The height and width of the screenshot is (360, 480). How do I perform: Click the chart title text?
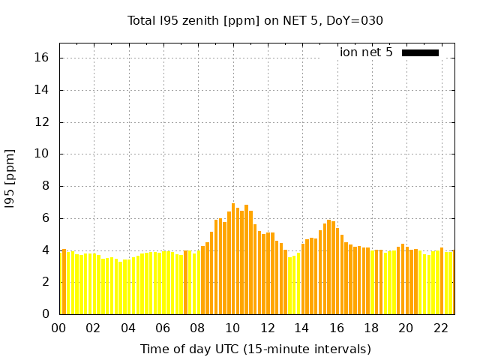(x=255, y=20)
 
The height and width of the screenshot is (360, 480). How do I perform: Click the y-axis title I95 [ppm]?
(x=10, y=178)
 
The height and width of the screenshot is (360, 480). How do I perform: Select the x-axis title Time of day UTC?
(x=255, y=349)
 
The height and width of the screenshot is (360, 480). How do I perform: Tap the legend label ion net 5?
(x=366, y=52)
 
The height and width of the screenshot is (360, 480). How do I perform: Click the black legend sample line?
(x=420, y=52)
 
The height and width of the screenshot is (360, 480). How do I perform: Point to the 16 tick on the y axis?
(x=43, y=58)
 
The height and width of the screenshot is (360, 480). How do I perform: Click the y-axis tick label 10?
(x=43, y=154)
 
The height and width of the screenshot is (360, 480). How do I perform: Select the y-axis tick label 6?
(x=46, y=218)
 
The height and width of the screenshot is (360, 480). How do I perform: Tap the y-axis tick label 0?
(x=46, y=314)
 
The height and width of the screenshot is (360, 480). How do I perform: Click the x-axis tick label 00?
(x=58, y=328)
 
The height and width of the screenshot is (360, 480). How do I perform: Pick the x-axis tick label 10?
(x=232, y=328)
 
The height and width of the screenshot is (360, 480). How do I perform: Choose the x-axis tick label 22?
(x=440, y=328)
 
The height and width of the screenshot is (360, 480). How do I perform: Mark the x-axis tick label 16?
(x=337, y=328)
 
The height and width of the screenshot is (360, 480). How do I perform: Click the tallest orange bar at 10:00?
(x=233, y=259)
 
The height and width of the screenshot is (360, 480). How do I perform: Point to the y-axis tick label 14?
(x=43, y=90)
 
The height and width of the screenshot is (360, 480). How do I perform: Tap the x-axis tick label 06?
(x=163, y=328)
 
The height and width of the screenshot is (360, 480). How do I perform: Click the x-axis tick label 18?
(x=371, y=328)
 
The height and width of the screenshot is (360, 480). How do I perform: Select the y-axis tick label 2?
(x=46, y=282)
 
